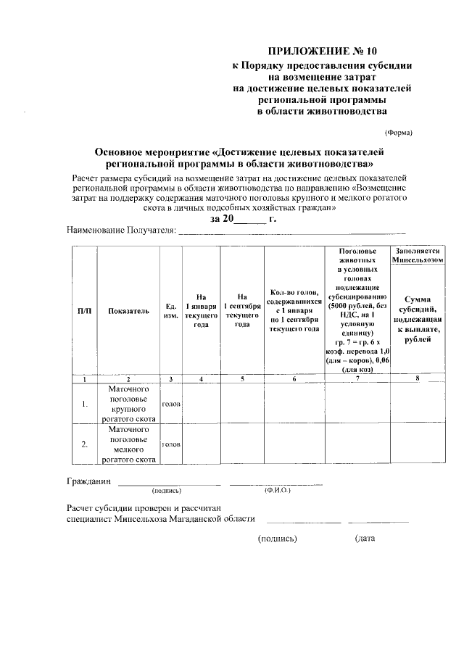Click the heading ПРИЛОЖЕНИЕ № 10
coord(323,51)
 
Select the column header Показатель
coord(128,310)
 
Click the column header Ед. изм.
coord(171,310)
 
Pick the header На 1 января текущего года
coord(202,310)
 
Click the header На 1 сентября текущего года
coord(242,310)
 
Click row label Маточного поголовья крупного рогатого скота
coord(128,404)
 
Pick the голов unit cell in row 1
coord(171,404)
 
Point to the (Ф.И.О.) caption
coord(278,491)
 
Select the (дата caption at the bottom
coord(364,539)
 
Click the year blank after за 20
coord(251,218)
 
